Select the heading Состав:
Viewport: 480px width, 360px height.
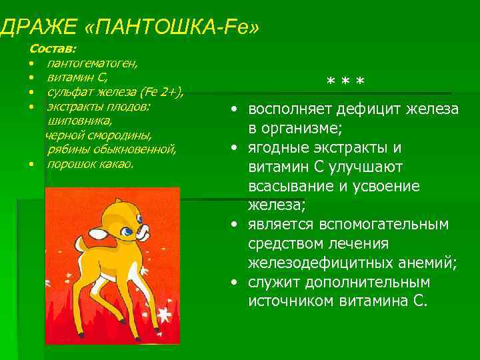click(53, 49)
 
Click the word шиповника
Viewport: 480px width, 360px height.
click(80, 121)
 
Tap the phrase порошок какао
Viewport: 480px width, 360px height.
click(91, 164)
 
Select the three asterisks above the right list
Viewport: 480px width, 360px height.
click(345, 83)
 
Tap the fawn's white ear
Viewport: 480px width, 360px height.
click(99, 233)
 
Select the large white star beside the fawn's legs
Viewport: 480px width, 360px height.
click(164, 313)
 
